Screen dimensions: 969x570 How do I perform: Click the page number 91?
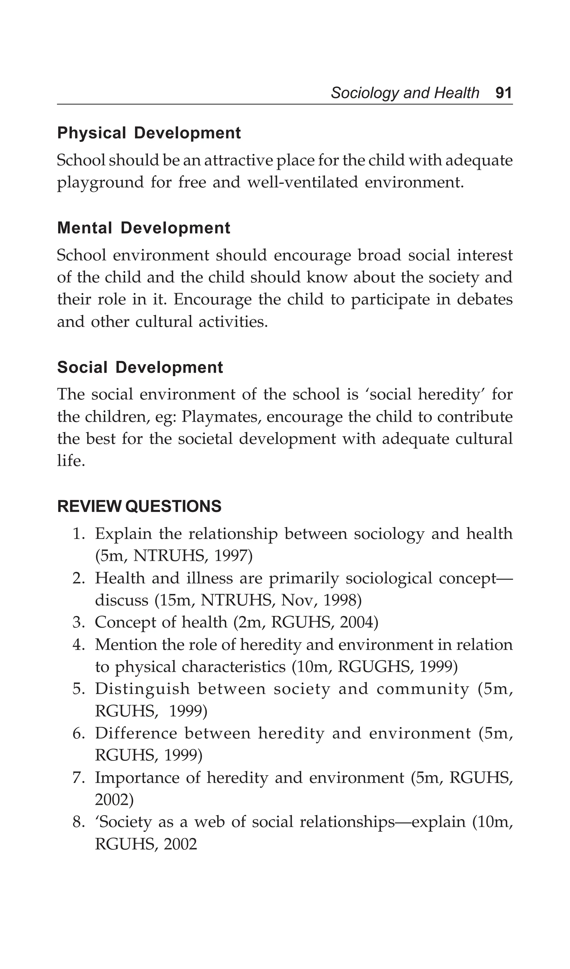coord(503,93)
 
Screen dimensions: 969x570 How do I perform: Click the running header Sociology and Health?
coord(405,93)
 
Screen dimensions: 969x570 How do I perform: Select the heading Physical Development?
coord(149,133)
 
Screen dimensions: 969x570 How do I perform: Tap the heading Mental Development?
coord(143,228)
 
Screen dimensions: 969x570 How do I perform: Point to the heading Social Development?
coord(140,367)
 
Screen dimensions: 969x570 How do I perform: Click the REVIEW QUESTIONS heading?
coord(139,506)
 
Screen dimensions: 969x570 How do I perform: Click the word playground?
coord(100,183)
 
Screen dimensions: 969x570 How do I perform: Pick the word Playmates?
coord(221,417)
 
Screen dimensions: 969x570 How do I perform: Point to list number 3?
coord(78,623)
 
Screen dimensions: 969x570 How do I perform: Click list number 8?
coord(78,823)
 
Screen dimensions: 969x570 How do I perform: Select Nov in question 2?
coord(297,600)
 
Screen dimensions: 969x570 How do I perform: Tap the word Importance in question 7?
coord(137,778)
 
